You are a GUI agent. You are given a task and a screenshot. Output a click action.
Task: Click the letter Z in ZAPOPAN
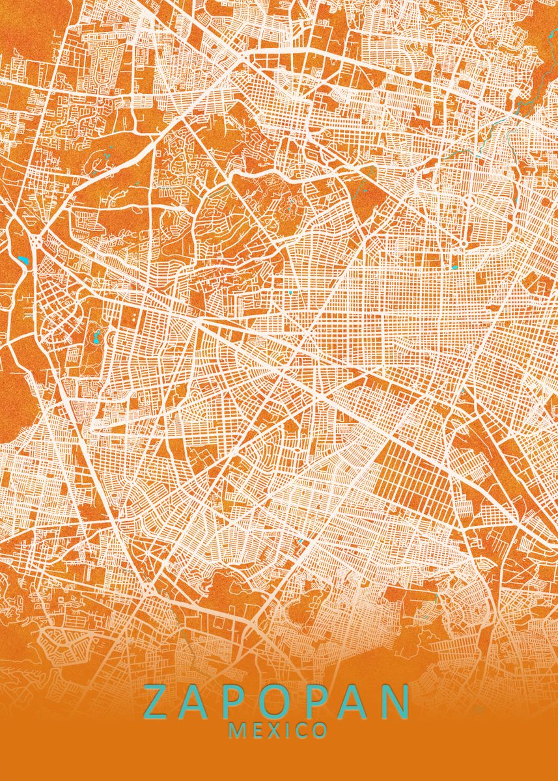158,702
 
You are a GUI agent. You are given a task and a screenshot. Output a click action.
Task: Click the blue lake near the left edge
25,261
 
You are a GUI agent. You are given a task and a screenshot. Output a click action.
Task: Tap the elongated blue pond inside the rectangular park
96,337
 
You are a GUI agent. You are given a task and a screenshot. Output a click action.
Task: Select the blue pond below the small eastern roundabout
454,266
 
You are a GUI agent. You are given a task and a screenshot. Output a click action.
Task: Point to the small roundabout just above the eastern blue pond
463,246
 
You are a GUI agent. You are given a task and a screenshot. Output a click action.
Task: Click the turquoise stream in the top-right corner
521,104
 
